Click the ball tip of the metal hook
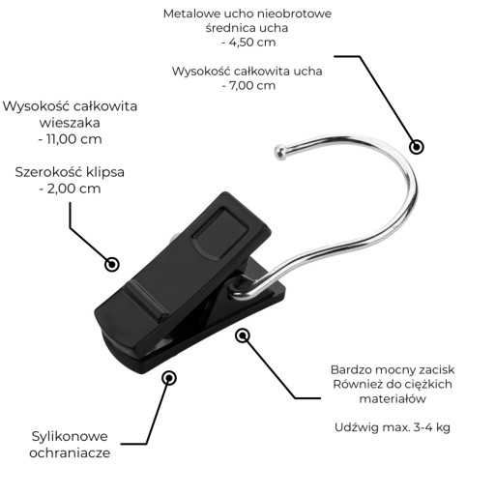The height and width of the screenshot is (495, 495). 281,153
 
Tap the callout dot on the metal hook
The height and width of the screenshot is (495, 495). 417,147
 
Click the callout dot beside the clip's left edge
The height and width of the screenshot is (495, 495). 112,264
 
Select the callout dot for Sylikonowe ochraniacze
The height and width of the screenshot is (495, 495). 169,378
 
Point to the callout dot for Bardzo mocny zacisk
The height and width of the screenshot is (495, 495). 243,336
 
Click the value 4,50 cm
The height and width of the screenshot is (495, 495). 252,43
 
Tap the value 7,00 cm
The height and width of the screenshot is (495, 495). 252,86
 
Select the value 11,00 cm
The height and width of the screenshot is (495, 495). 74,139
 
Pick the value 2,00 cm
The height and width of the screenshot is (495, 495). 74,189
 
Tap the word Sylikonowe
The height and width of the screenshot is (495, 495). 70,436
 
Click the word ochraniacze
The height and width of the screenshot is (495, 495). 70,452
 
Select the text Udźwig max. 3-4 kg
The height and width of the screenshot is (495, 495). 393,427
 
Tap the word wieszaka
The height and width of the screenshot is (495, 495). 70,123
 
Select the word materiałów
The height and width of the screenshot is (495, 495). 393,399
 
